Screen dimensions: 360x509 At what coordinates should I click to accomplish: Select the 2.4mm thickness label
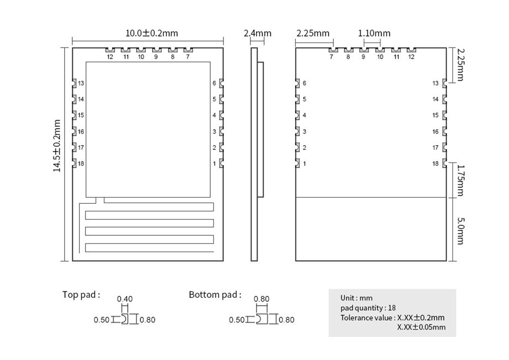pos(258,34)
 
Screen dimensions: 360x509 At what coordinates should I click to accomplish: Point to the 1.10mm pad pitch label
pos(374,34)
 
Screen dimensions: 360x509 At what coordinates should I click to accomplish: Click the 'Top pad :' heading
pos(81,294)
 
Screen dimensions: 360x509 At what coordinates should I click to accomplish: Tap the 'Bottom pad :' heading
pos(215,294)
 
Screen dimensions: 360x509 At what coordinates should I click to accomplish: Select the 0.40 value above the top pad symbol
pos(125,299)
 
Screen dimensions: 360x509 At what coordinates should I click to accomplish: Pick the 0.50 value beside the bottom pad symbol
pos(237,320)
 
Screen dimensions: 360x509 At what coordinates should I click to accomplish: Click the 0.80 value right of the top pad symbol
pos(147,320)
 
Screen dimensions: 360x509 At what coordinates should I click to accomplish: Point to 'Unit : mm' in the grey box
pos(356,298)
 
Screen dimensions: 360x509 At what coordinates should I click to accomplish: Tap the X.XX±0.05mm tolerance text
pos(421,327)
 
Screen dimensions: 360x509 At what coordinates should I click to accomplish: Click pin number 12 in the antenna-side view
pos(110,57)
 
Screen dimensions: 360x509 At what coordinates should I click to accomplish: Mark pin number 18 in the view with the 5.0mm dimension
pos(435,163)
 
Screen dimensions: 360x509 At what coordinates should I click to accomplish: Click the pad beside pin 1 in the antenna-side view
pos(220,163)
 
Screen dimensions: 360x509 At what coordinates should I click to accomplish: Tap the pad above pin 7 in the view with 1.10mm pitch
pos(333,50)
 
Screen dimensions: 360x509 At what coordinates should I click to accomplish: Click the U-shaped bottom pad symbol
pos(260,319)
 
